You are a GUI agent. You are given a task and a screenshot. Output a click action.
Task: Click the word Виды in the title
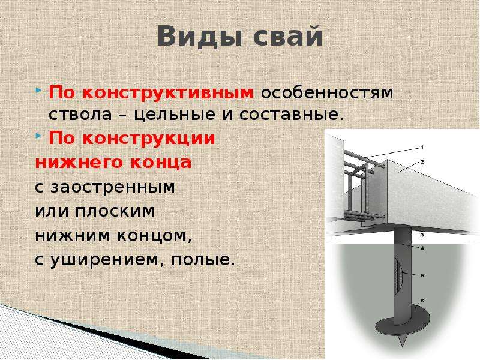point(201,36)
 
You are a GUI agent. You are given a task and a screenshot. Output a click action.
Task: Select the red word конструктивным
point(168,93)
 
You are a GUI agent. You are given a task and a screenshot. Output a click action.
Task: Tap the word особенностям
point(327,93)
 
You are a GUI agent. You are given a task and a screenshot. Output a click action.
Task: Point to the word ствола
point(80,115)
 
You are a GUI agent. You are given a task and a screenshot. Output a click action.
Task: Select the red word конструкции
point(149,139)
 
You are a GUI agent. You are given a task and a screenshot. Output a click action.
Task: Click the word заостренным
point(113,187)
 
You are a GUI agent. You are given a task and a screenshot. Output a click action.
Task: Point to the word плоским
point(115,211)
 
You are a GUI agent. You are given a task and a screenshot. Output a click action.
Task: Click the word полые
point(203,260)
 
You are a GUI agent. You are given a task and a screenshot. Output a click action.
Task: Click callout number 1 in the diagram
point(422,147)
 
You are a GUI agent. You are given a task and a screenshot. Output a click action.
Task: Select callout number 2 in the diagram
point(422,161)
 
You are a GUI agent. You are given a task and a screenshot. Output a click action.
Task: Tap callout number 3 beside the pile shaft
point(422,235)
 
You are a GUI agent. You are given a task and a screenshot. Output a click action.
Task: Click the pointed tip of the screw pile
point(402,346)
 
